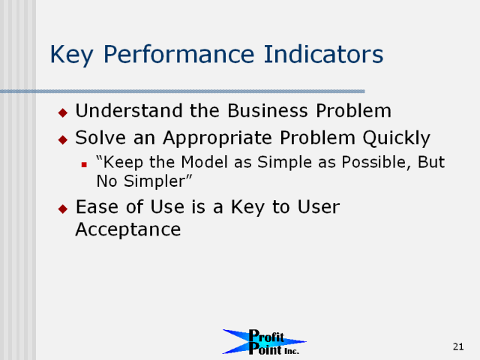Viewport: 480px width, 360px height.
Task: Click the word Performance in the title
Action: pyautogui.click(x=178, y=54)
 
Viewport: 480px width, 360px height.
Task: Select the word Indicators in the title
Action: pyautogui.click(x=323, y=54)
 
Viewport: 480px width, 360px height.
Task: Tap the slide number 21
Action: pyautogui.click(x=458, y=346)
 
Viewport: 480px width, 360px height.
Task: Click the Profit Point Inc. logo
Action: pyautogui.click(x=264, y=342)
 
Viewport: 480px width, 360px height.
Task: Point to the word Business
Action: pyautogui.click(x=268, y=110)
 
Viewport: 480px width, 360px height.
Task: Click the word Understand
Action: pyautogui.click(x=129, y=110)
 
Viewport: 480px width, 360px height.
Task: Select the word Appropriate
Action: pyautogui.click(x=217, y=138)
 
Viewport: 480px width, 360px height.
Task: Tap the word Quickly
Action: pyautogui.click(x=397, y=138)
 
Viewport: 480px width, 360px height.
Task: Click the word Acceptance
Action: pyautogui.click(x=128, y=230)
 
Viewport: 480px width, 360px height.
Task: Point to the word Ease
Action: pyautogui.click(x=97, y=207)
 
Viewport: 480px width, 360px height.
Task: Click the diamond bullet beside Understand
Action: pyautogui.click(x=63, y=112)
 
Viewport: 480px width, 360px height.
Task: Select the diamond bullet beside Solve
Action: pyautogui.click(x=63, y=140)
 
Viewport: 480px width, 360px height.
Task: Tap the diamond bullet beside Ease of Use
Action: pyautogui.click(x=63, y=209)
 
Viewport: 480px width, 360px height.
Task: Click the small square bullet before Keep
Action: pyautogui.click(x=84, y=165)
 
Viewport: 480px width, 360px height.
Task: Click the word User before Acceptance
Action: pyautogui.click(x=319, y=207)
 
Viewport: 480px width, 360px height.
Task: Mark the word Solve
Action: pyautogui.click(x=100, y=138)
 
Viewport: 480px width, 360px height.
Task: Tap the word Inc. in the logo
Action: pyautogui.click(x=292, y=352)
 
